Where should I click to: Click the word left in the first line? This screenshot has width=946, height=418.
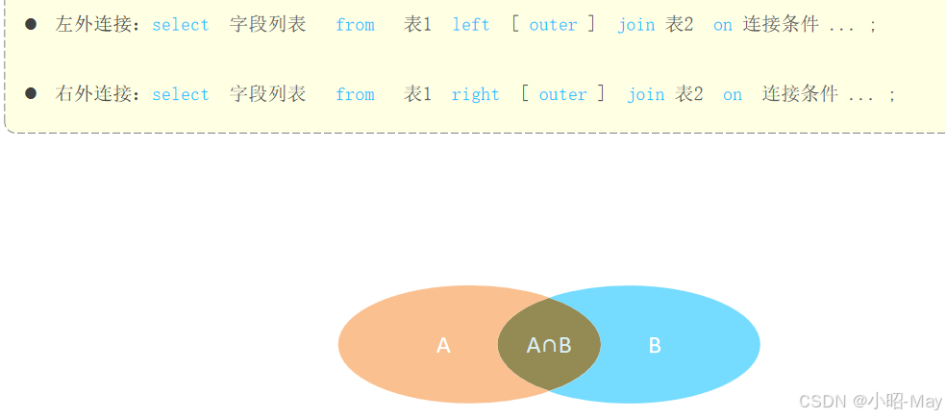(471, 25)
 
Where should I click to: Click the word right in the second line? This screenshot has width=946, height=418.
(475, 94)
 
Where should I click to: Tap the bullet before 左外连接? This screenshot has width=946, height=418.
(31, 24)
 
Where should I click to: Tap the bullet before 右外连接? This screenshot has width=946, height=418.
(31, 93)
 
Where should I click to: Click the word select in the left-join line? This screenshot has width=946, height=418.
(180, 25)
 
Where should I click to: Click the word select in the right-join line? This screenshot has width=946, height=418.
(180, 94)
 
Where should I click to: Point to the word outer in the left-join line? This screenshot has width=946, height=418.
(553, 25)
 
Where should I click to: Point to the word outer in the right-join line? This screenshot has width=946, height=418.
(562, 94)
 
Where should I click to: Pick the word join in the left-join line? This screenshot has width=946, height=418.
(635, 25)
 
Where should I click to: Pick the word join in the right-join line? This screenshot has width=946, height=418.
(645, 94)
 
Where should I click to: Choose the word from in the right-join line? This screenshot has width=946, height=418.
(355, 94)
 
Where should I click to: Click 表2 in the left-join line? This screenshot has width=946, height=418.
(680, 25)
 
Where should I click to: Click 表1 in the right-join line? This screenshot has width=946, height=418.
(417, 94)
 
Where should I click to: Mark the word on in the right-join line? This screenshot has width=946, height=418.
(733, 94)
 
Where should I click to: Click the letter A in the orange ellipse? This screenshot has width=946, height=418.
(443, 346)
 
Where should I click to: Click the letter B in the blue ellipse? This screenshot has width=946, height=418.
(655, 346)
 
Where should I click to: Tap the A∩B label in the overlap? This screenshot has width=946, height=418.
(549, 346)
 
